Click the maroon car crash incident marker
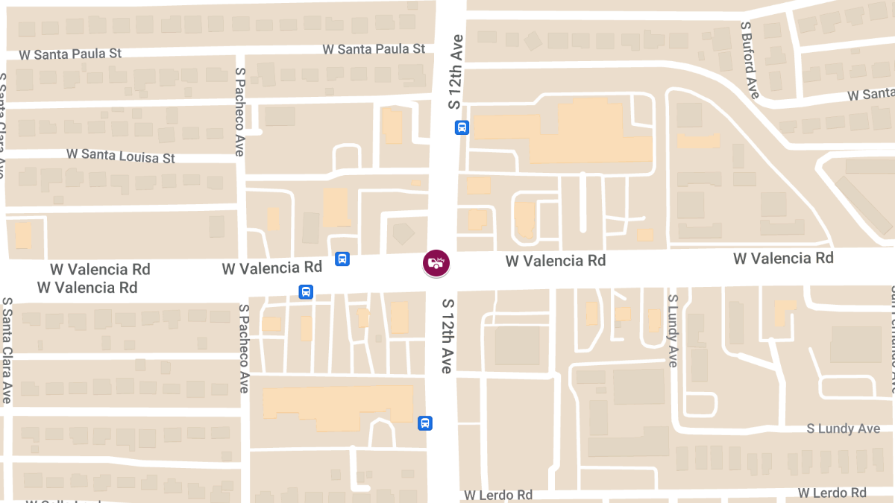coord(436,262)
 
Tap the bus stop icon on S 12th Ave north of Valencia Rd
coord(462,127)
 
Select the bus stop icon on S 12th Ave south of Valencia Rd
coord(425,423)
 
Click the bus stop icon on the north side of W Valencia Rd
coord(342,259)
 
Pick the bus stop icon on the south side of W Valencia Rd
coord(306,291)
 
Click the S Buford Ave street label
coord(750,60)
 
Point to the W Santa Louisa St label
coord(121,156)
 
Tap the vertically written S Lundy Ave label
coord(673,330)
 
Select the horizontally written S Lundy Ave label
coord(844,429)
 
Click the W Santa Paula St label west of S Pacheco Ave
coord(70,54)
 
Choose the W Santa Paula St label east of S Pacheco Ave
coord(374,49)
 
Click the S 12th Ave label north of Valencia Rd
coord(456,72)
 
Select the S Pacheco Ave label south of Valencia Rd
coord(243,348)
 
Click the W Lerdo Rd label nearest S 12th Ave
coord(498,496)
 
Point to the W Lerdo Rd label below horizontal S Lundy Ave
coord(832,493)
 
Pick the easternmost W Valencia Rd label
coord(783,258)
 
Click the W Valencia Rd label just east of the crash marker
coord(556,261)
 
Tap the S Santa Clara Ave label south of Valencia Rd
coord(6,350)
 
